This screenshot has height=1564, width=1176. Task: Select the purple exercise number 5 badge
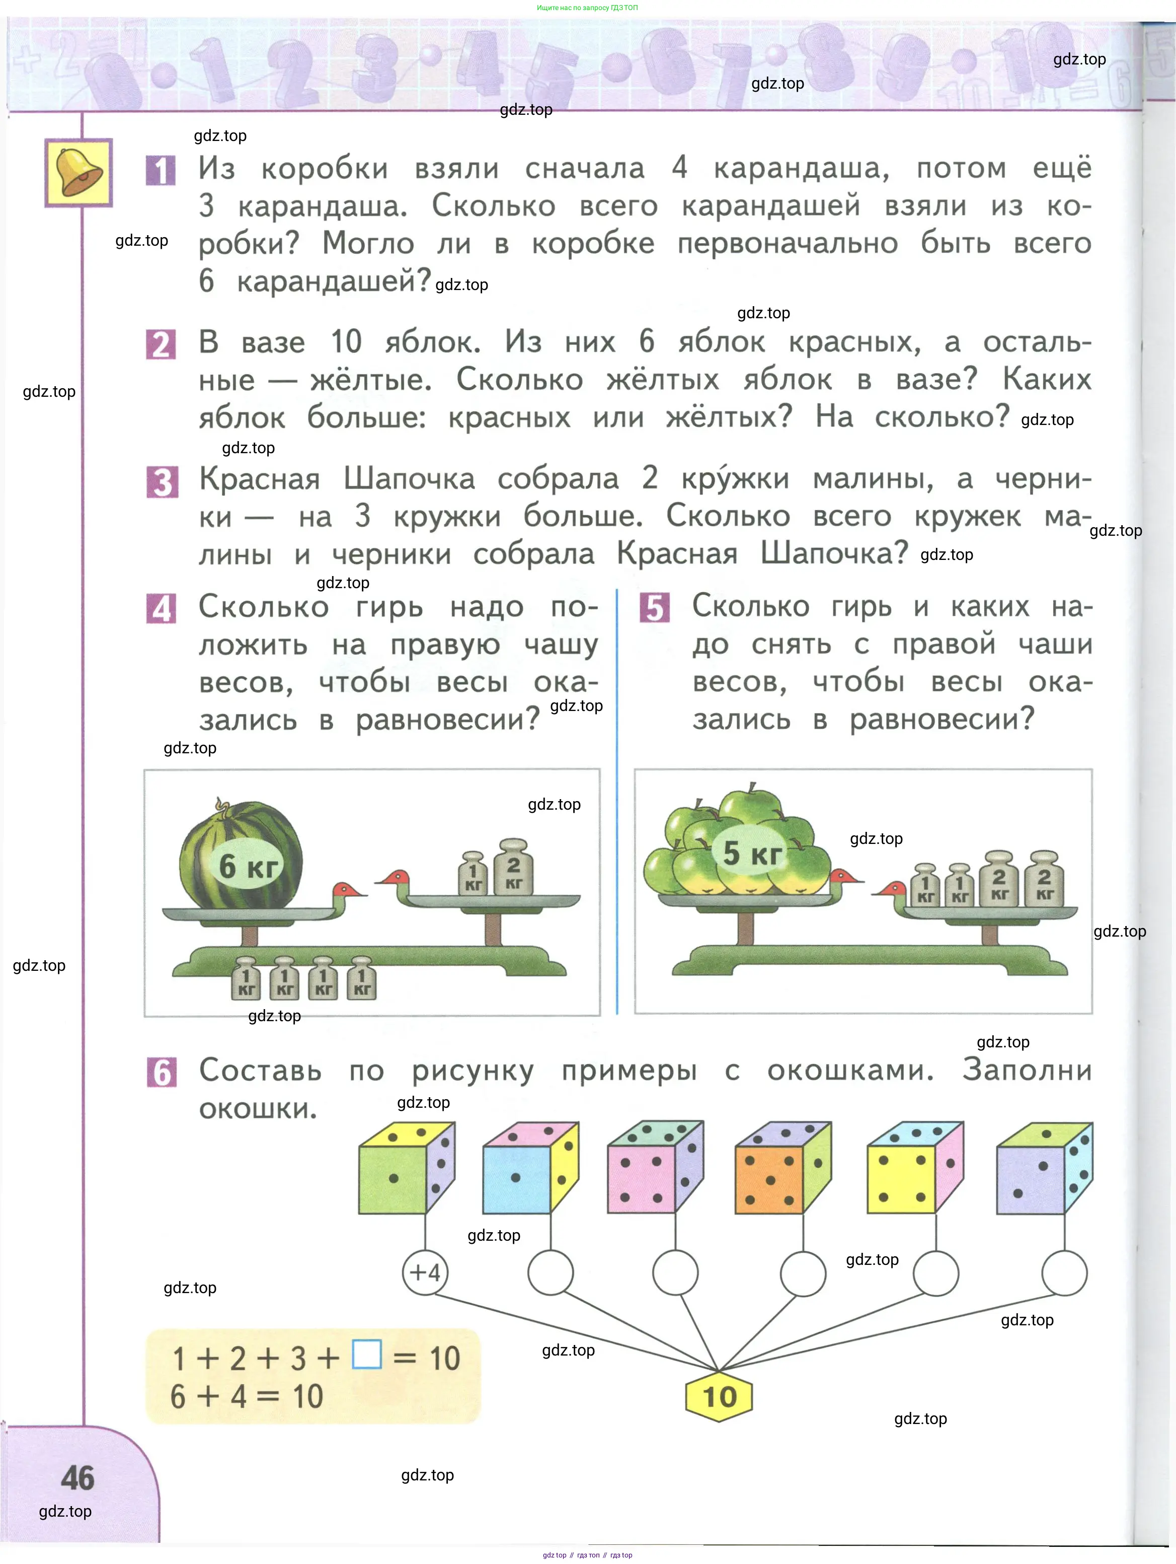[x=655, y=607]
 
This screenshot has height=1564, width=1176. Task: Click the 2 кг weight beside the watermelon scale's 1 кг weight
[x=514, y=868]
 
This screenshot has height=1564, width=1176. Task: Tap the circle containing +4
[x=425, y=1272]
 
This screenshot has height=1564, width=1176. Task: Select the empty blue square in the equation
[x=367, y=1354]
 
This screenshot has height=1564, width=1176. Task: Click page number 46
[x=77, y=1478]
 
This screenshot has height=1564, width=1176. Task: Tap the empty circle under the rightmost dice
[x=1064, y=1272]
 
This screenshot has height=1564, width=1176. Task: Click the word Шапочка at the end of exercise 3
[x=834, y=553]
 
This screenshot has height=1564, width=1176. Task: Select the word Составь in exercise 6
[x=260, y=1071]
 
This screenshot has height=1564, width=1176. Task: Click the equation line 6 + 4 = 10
[x=247, y=1396]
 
